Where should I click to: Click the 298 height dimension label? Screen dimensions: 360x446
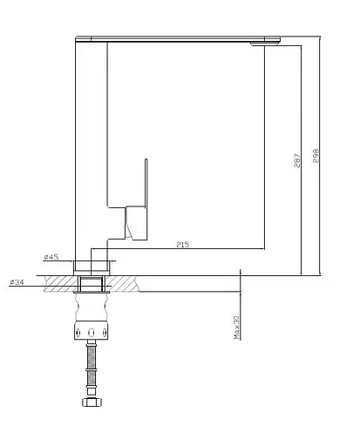click(316, 156)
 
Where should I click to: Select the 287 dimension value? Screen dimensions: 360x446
click(297, 160)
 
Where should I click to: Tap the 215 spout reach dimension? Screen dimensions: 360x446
click(183, 245)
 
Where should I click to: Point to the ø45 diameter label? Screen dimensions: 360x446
click(51, 257)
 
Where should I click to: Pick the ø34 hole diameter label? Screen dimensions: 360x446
click(17, 282)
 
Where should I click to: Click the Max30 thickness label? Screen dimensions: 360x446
click(236, 328)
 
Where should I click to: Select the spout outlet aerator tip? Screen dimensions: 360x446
click(265, 44)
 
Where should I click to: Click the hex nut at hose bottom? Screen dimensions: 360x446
click(92, 402)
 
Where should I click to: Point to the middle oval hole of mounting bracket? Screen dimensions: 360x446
click(92, 333)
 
